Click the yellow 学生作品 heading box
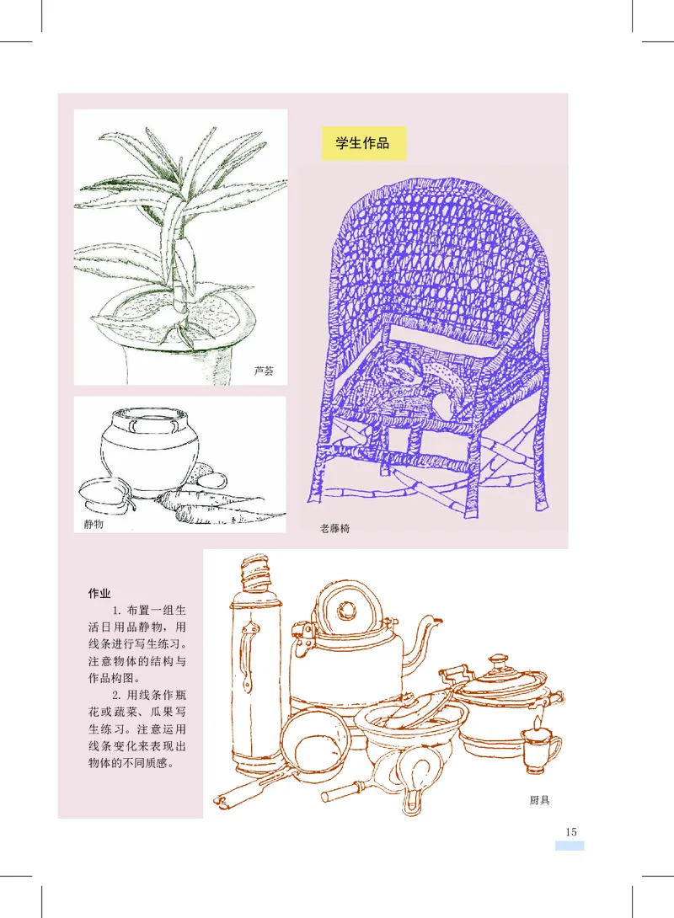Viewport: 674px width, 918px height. (363, 143)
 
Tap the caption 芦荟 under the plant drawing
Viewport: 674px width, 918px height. (263, 371)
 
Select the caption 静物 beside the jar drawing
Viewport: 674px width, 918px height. (94, 525)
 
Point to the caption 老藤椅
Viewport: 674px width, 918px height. (335, 530)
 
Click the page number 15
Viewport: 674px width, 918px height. (570, 831)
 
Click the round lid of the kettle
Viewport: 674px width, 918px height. (345, 611)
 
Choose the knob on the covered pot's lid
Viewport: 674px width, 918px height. (498, 662)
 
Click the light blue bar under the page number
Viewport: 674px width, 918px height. (569, 845)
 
